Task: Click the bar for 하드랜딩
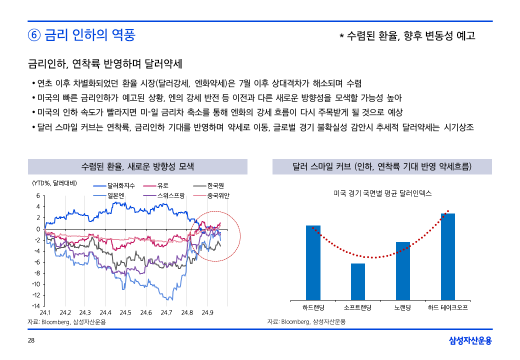coord(313,262)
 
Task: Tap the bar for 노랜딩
coord(403,270)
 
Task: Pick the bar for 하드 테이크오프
coord(448,256)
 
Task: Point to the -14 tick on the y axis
coord(36,305)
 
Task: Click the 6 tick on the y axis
coord(37,196)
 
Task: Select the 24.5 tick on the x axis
coord(125,313)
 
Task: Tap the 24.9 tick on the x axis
coord(207,313)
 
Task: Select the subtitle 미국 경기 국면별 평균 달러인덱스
coord(382,193)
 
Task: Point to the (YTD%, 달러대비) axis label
coord(54,183)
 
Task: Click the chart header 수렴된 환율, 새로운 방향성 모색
coord(137,166)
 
